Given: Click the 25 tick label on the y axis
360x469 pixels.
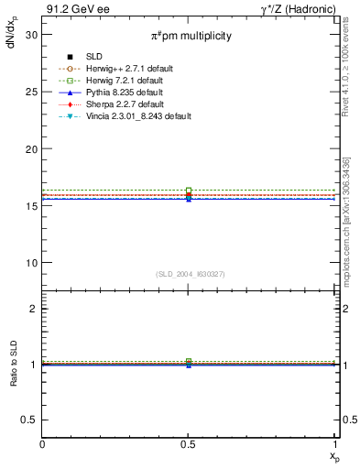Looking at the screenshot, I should pyautogui.click(x=31, y=91).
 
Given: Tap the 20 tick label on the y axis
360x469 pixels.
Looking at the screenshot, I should pyautogui.click(x=31, y=148).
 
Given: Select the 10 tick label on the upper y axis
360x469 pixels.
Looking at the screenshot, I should pyautogui.click(x=31, y=263).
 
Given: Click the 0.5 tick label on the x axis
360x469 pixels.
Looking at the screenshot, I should pyautogui.click(x=189, y=445).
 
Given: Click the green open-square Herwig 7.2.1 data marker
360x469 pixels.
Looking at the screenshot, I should pyautogui.click(x=189, y=191).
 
